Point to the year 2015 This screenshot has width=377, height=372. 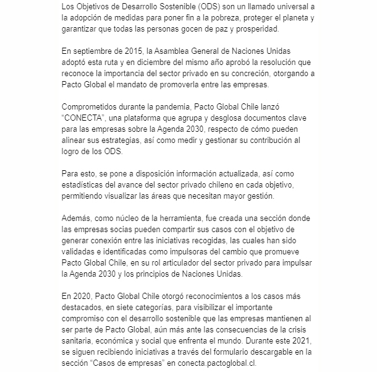coord(129,51)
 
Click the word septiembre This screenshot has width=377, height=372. coord(95,51)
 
